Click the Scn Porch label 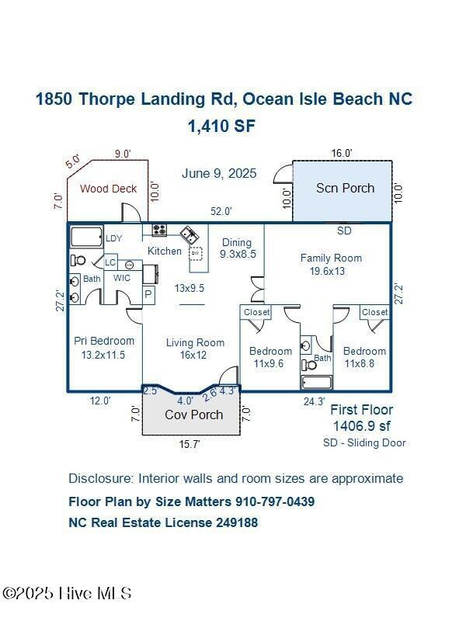pos(345,188)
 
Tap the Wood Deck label pos(108,189)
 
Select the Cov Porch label pos(193,415)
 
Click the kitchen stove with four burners pos(159,230)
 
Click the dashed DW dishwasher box pos(196,253)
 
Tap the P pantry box pos(149,294)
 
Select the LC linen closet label pos(111,262)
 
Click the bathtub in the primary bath pos(86,237)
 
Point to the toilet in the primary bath pos(78,261)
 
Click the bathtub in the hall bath pos(316,383)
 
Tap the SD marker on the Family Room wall pos(344,231)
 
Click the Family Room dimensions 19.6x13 pos(327,271)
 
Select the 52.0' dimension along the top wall pos(221,211)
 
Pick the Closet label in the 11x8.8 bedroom pos(375,312)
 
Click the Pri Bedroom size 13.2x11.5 pos(104,355)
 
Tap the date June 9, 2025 pos(219,173)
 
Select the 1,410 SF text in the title pos(221,126)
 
